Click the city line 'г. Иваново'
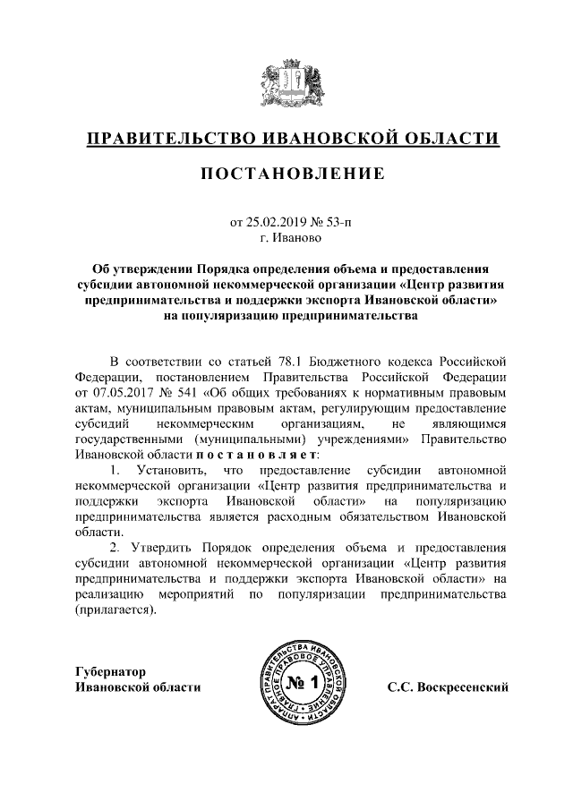pyautogui.click(x=286, y=238)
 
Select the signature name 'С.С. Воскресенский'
pyautogui.click(x=448, y=686)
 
